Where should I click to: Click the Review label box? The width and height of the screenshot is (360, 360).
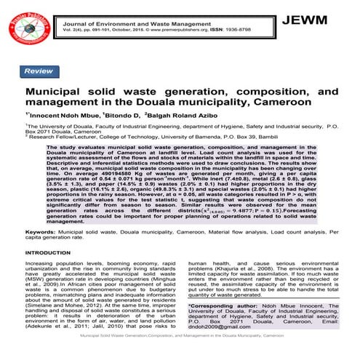tap(37, 71)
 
